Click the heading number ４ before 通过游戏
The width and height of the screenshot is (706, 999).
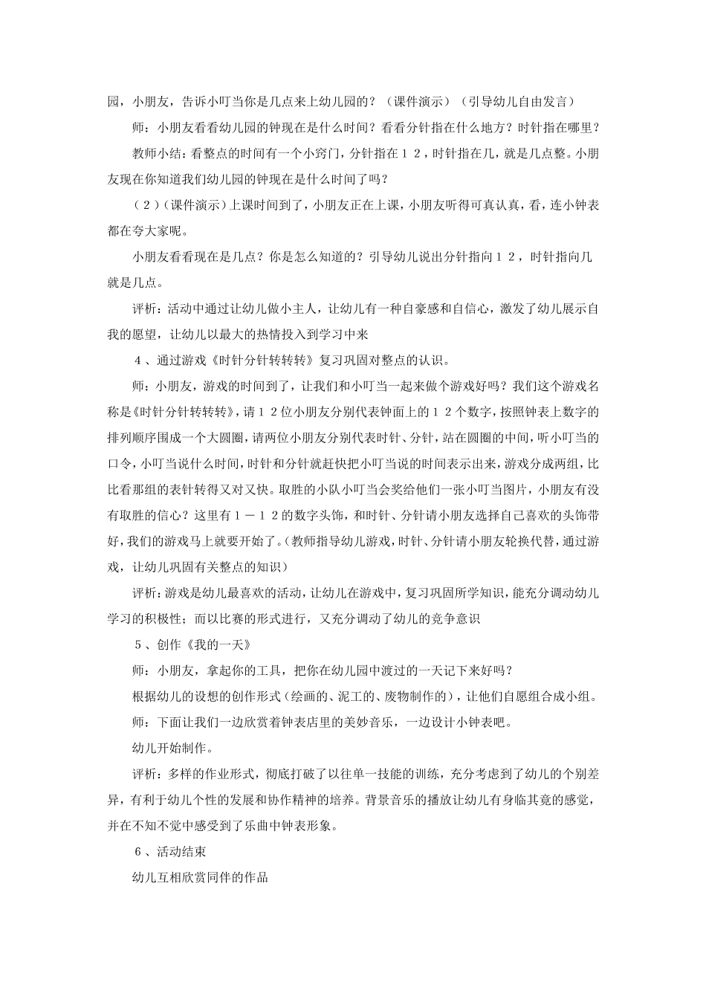137,361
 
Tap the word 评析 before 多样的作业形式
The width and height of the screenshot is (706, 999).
144,774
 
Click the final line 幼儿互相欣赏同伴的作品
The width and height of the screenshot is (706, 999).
199,877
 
